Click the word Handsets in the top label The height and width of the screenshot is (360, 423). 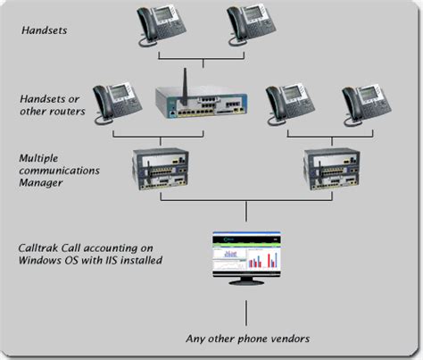click(45, 29)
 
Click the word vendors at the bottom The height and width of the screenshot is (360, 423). click(284, 338)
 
